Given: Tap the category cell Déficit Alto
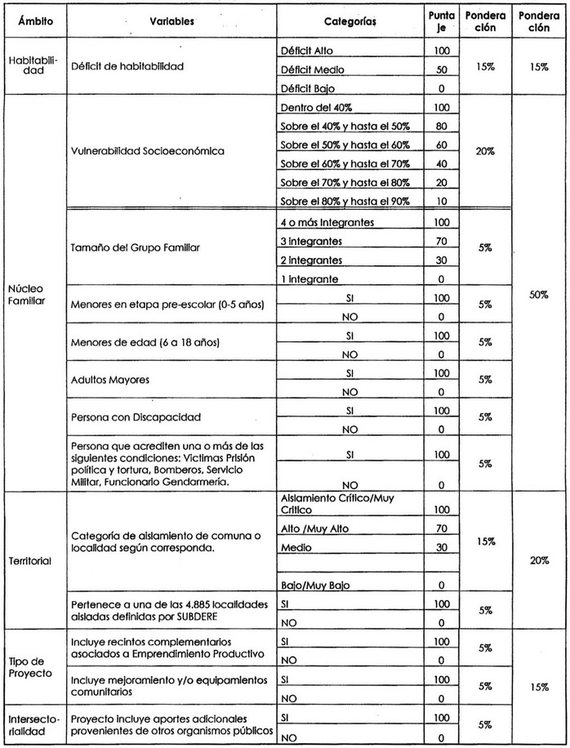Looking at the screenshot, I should click(303, 51).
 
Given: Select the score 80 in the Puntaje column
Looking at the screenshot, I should click(441, 126).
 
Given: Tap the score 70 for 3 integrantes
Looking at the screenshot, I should click(441, 242).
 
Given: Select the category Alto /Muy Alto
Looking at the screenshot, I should click(312, 528).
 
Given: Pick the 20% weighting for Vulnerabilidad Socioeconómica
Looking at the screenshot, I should click(486, 152).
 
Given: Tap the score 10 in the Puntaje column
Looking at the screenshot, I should click(441, 201).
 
